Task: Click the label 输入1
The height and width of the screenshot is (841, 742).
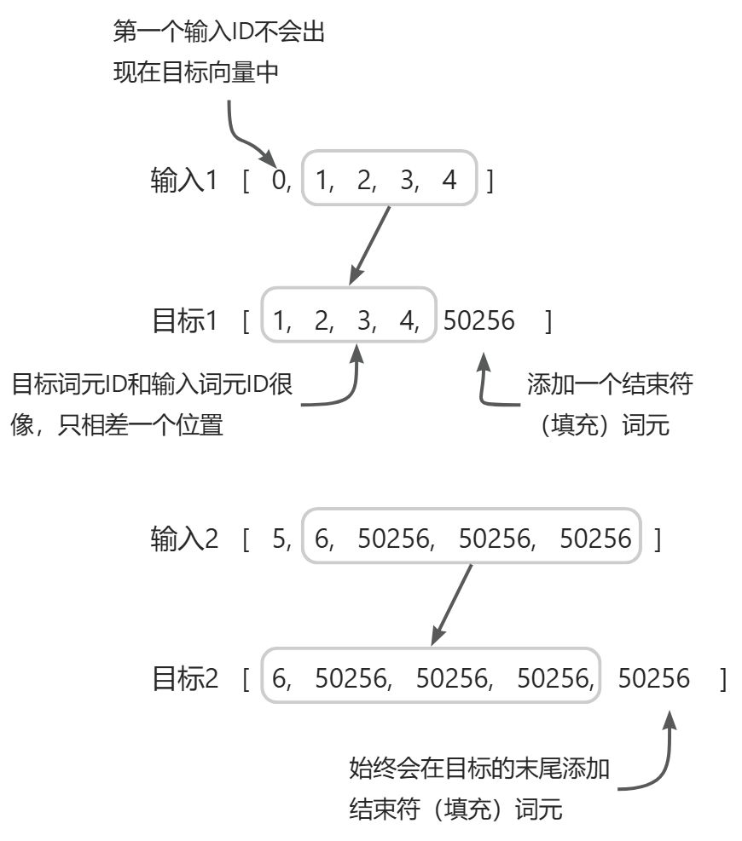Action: tap(184, 181)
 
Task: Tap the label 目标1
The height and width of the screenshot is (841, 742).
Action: tap(184, 320)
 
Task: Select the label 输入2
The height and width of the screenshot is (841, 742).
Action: tap(184, 539)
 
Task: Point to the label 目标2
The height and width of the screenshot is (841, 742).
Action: tap(184, 678)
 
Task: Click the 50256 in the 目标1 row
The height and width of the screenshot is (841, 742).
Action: tap(479, 320)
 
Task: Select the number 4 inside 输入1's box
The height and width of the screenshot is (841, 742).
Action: tap(450, 181)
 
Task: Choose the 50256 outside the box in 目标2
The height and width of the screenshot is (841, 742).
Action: tap(653, 678)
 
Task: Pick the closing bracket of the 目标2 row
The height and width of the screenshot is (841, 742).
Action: tap(722, 678)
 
